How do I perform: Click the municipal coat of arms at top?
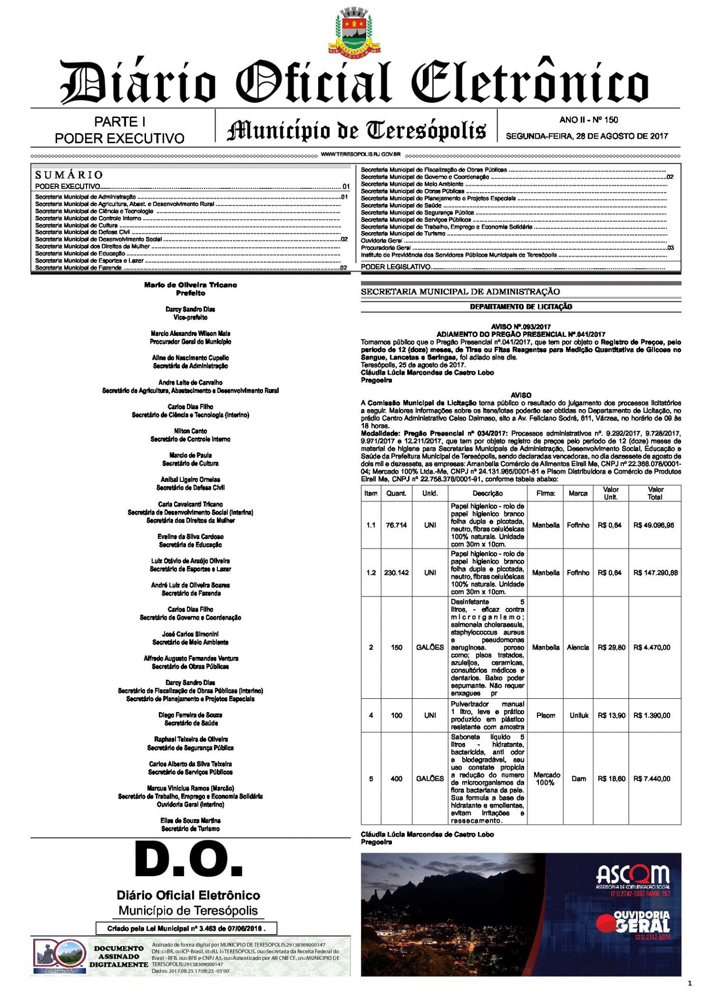[x=355, y=30]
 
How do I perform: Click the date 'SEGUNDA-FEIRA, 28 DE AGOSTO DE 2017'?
[x=587, y=136]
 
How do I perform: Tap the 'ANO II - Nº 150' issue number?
[x=589, y=119]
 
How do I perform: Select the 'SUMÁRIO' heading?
[x=69, y=175]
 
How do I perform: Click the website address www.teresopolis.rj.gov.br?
[x=360, y=154]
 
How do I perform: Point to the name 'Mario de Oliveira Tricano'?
[x=190, y=285]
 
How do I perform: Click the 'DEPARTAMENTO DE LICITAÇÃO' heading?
[x=521, y=307]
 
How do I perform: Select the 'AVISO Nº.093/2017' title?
[x=521, y=326]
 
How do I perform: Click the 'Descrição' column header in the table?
[x=487, y=493]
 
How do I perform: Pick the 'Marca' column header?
[x=578, y=493]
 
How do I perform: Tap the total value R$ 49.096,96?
[x=653, y=525]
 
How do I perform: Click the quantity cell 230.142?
[x=396, y=573]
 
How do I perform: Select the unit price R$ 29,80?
[x=611, y=648]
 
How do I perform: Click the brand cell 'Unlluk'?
[x=579, y=715]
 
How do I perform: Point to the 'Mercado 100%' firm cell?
[x=545, y=778]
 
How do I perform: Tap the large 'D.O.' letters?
[x=189, y=860]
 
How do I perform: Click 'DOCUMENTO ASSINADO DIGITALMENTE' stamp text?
[x=119, y=956]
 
